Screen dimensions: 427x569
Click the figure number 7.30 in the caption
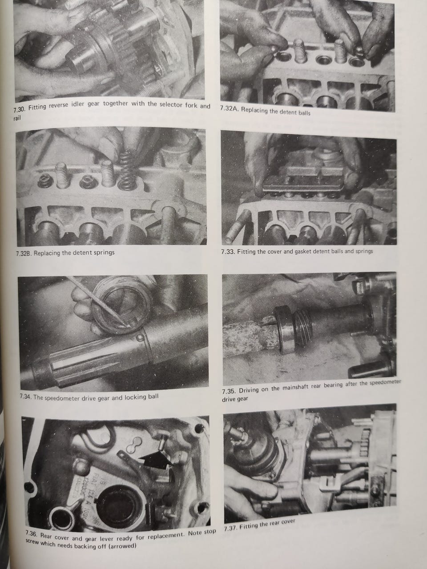point(20,109)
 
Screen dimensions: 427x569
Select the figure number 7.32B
point(24,253)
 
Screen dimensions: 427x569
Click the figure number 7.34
point(26,397)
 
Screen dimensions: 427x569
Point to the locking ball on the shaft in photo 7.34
point(140,337)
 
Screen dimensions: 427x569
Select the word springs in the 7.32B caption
point(104,252)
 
